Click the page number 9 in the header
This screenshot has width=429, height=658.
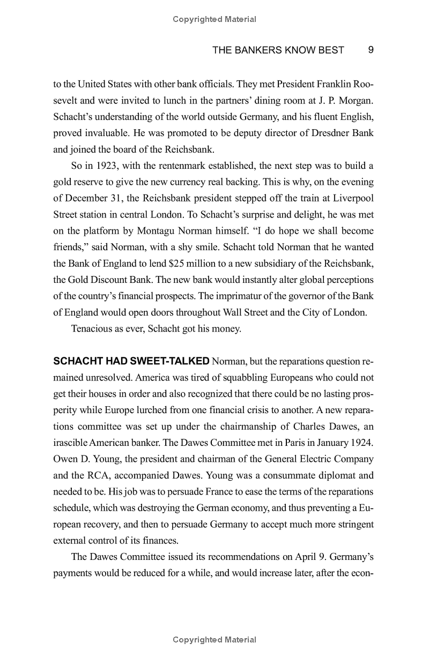(x=371, y=50)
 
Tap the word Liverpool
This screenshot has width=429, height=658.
(x=351, y=198)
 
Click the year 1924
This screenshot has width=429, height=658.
(x=362, y=443)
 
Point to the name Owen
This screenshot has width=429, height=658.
(x=64, y=459)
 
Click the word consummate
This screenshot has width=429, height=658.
(x=306, y=476)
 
